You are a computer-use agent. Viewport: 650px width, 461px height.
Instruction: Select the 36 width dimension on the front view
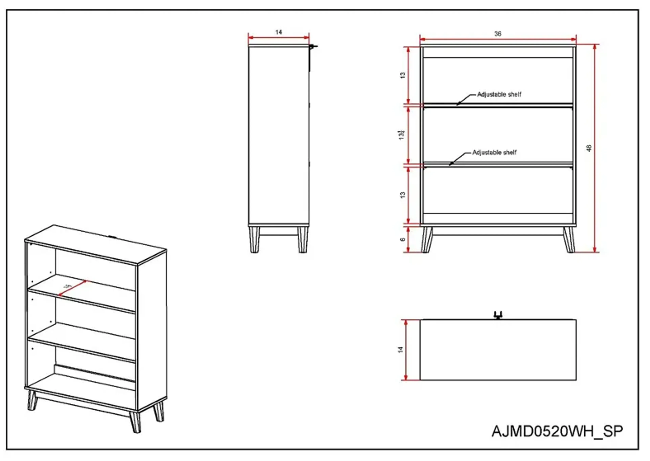[498, 34]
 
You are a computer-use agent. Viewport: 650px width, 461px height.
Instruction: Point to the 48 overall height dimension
[589, 148]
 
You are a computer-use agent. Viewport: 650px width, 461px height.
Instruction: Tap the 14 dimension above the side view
[278, 32]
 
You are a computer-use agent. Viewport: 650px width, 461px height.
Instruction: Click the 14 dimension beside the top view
[400, 349]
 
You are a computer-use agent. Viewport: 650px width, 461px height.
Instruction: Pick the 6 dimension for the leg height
[403, 239]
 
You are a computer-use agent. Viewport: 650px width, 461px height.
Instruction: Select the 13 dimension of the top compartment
[403, 75]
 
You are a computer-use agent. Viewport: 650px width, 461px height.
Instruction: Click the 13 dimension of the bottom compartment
[403, 195]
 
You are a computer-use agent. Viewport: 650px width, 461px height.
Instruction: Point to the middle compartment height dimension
[401, 135]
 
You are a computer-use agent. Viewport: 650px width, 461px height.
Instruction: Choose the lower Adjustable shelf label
[494, 152]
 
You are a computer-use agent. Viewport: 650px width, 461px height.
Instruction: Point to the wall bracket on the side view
[313, 47]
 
